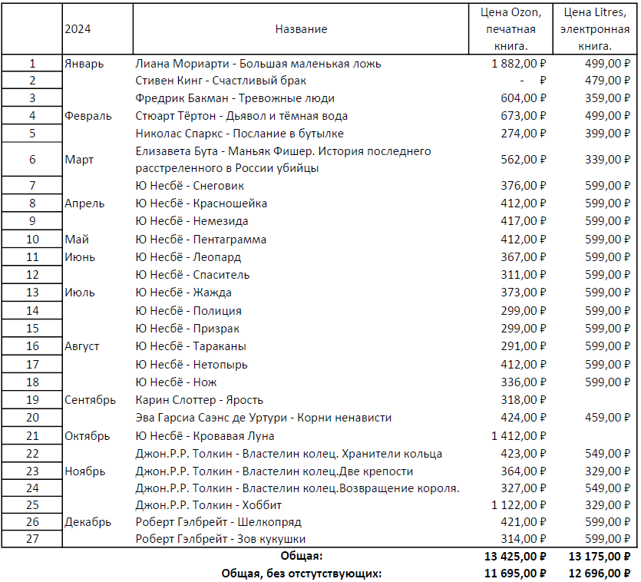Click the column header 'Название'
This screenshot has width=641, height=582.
[301, 29]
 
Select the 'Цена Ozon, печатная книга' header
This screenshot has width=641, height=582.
[510, 29]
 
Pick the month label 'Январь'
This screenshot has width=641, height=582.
[84, 64]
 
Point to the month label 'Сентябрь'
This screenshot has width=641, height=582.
[90, 400]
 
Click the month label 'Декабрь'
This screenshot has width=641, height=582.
[88, 522]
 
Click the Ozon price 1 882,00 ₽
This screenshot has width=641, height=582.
[519, 64]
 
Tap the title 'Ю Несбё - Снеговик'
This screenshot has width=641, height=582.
[190, 186]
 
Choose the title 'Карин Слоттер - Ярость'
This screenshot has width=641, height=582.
[199, 400]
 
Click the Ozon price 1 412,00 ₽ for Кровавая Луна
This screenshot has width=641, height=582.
[519, 436]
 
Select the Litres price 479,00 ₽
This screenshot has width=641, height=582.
[601, 81]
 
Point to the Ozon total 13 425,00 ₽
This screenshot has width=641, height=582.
[514, 556]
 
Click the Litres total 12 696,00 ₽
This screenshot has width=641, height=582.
[597, 573]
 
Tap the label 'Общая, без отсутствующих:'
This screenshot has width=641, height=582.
[301, 573]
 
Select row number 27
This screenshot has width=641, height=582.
[32, 539]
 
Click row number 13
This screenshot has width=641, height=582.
[32, 293]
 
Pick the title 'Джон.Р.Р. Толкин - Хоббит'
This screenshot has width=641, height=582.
[209, 505]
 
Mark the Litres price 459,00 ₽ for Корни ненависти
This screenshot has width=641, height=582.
[601, 418]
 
